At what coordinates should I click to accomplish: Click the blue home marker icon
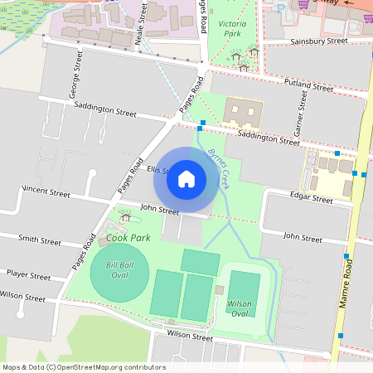point(186,178)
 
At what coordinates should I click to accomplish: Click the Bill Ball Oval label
point(119,270)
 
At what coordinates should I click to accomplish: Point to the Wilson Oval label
point(239,309)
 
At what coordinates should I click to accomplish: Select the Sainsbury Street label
point(318,41)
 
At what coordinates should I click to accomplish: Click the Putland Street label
point(308,85)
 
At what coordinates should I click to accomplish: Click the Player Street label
point(29,273)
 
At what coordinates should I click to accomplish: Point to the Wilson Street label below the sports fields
point(190,336)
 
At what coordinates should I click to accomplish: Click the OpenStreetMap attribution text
point(84,367)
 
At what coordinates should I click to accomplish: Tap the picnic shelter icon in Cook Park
point(125,217)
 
